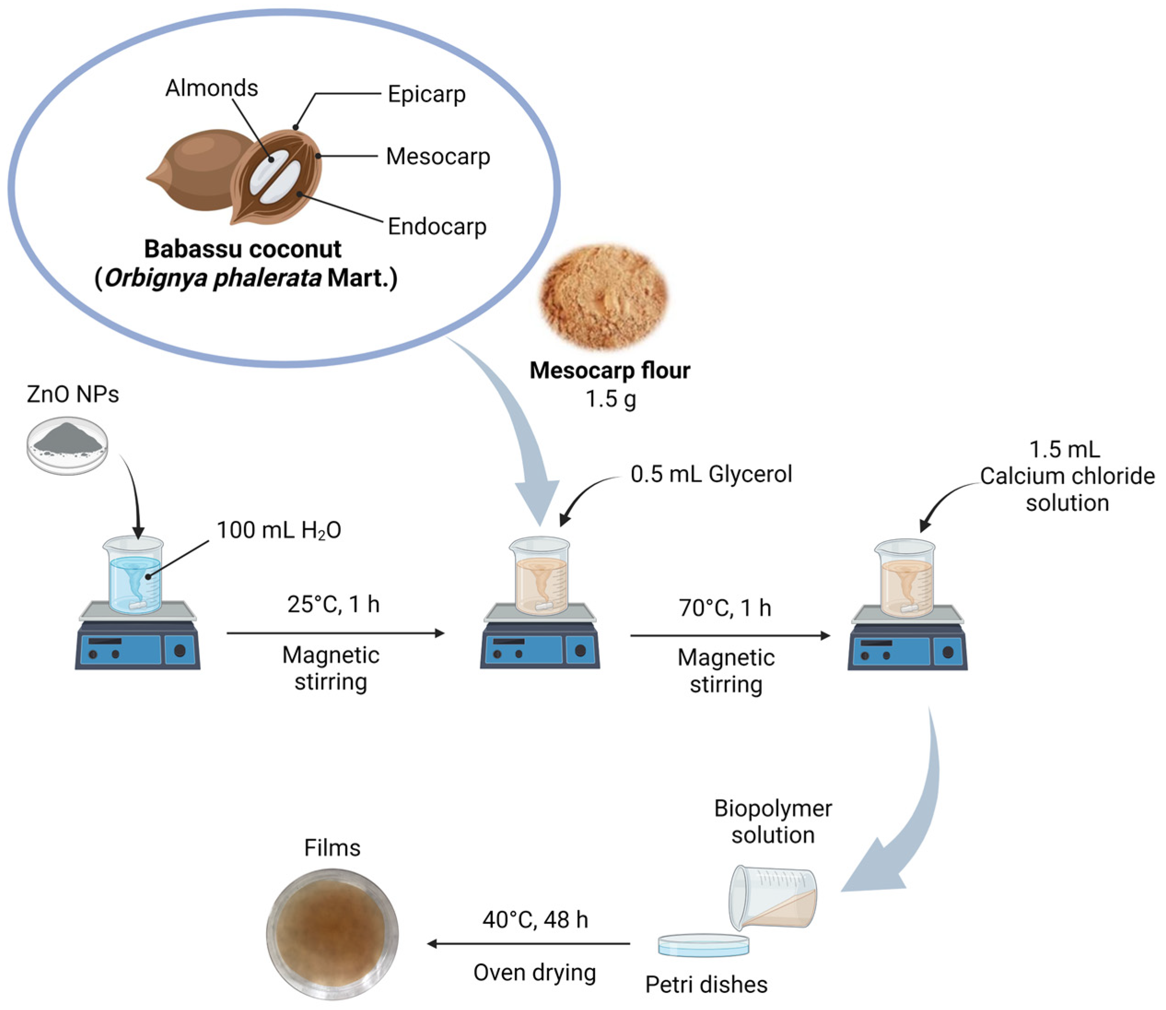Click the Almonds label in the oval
click(x=211, y=88)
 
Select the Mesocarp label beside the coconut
click(x=438, y=157)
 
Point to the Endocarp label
click(x=437, y=227)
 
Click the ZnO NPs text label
click(x=73, y=395)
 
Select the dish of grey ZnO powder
click(x=68, y=445)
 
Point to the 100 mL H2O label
click(x=279, y=531)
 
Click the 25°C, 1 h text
click(x=333, y=604)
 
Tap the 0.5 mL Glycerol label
click(x=711, y=474)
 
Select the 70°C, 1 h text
click(x=725, y=608)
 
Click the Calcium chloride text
click(x=1067, y=476)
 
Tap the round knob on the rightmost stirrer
click(x=948, y=652)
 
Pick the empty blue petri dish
click(x=703, y=945)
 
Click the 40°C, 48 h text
click(x=535, y=920)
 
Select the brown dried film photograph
click(x=332, y=934)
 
